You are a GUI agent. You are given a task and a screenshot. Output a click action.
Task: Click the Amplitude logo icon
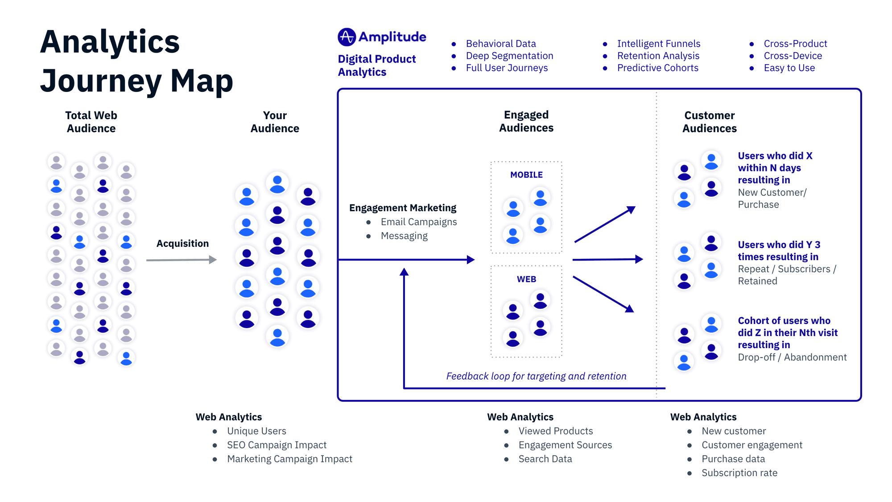click(347, 37)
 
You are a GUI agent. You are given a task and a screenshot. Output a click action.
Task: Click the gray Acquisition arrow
click(181, 260)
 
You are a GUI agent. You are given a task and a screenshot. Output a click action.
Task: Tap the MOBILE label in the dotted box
click(526, 175)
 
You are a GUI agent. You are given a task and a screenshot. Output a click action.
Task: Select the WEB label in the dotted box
click(526, 279)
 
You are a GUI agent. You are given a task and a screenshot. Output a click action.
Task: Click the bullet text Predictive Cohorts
click(657, 68)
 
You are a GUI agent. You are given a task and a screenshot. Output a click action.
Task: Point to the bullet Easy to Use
click(789, 68)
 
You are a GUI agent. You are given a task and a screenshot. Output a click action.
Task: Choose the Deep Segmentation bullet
click(509, 56)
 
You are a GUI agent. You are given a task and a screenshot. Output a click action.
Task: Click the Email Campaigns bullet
click(418, 222)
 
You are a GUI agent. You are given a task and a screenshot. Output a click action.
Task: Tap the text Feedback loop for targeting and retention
click(536, 376)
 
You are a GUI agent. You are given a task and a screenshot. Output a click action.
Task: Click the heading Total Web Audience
click(91, 122)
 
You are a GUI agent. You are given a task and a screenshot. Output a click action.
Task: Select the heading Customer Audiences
click(709, 122)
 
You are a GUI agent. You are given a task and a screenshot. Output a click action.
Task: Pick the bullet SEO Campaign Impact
click(277, 445)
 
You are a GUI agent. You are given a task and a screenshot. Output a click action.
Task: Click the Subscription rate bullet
click(739, 473)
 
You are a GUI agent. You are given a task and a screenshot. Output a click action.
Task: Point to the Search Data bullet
click(545, 459)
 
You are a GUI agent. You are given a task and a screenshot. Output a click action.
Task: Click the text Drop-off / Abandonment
click(792, 357)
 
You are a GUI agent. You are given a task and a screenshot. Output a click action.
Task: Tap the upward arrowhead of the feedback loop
click(404, 272)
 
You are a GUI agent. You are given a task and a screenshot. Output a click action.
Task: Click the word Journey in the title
click(101, 81)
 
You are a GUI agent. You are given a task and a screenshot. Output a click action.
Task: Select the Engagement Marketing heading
click(402, 208)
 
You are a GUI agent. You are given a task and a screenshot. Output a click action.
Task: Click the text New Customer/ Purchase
click(772, 199)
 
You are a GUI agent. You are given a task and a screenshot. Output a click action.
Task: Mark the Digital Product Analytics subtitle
click(376, 66)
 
